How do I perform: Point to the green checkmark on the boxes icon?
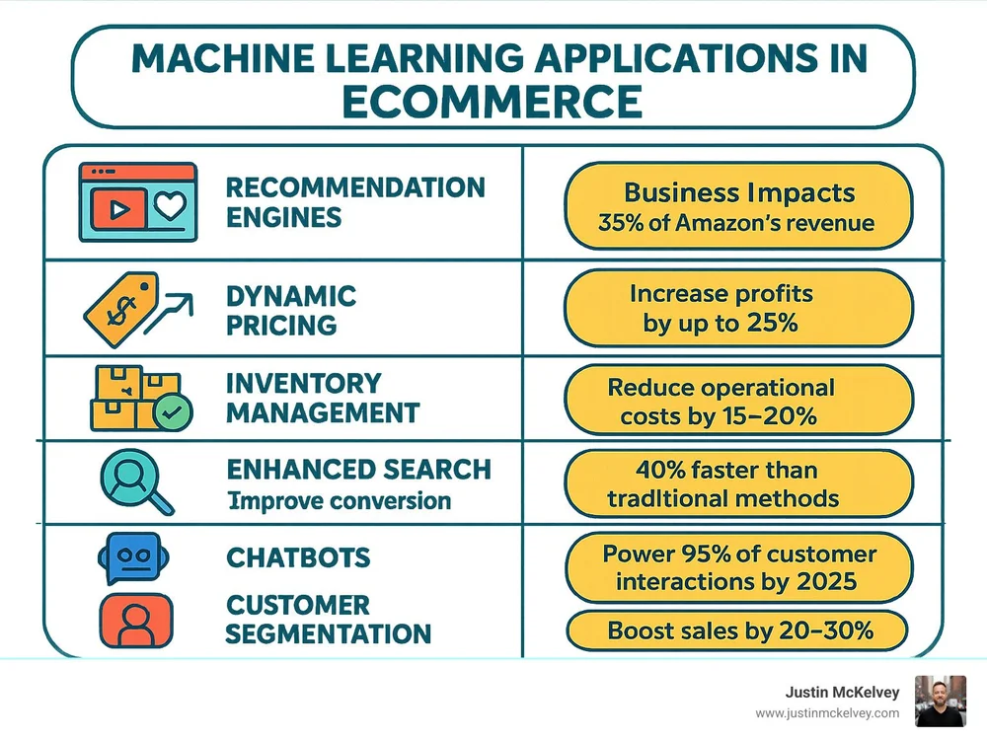coord(175,415)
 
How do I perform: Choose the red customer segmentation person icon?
coord(134,618)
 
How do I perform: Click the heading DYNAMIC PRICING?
coord(290,310)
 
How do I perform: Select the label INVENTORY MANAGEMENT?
coord(322,398)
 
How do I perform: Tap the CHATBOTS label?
coord(298,557)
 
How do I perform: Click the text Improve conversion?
coord(339,500)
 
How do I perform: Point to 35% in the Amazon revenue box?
coord(618,222)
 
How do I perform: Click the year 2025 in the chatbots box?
coord(831,581)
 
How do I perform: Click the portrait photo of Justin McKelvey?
coord(940,701)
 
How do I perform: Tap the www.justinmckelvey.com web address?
coord(827,713)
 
